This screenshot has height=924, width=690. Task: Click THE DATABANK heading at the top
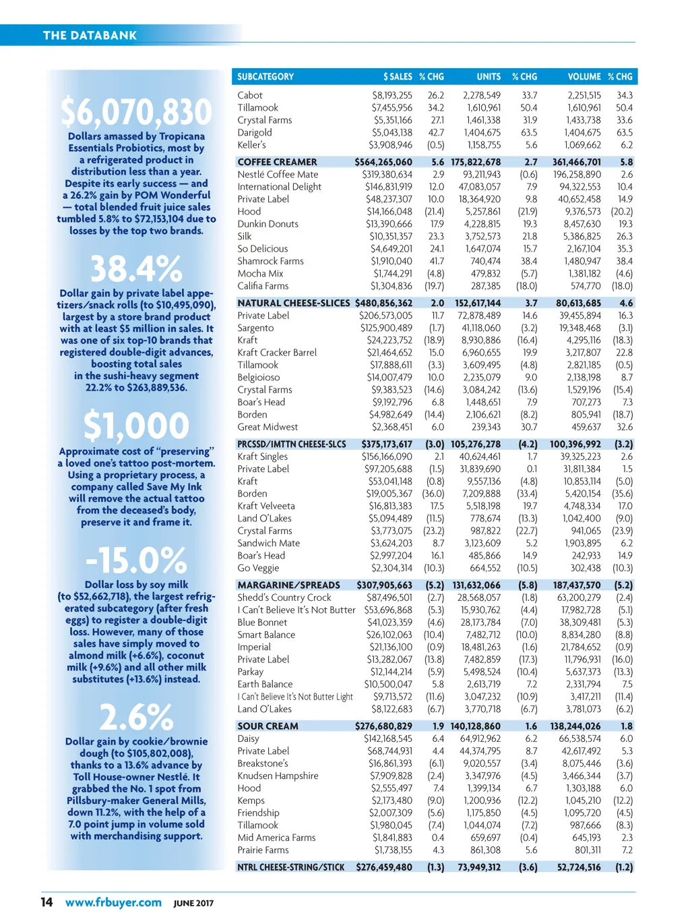90,36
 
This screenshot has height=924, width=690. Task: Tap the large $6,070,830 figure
136,112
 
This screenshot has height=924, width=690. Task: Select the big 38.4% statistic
136,268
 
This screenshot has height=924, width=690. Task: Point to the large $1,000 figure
136,426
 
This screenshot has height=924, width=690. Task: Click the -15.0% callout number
136,560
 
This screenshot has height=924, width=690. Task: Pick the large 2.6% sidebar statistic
136,717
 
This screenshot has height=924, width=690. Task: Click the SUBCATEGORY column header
265,77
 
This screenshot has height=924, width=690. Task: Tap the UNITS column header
489,77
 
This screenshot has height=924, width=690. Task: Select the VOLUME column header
584,77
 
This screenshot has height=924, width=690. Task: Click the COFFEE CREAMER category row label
277,163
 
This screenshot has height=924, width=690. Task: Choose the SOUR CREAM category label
268,726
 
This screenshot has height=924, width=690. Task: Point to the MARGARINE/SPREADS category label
288,585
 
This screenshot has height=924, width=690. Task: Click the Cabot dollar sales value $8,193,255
392,96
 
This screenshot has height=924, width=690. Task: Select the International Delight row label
279,187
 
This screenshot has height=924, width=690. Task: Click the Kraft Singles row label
262,457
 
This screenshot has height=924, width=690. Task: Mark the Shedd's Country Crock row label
284,598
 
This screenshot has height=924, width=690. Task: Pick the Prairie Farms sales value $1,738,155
394,850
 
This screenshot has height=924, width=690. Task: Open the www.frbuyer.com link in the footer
113,902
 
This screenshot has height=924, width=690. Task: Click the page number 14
46,902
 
